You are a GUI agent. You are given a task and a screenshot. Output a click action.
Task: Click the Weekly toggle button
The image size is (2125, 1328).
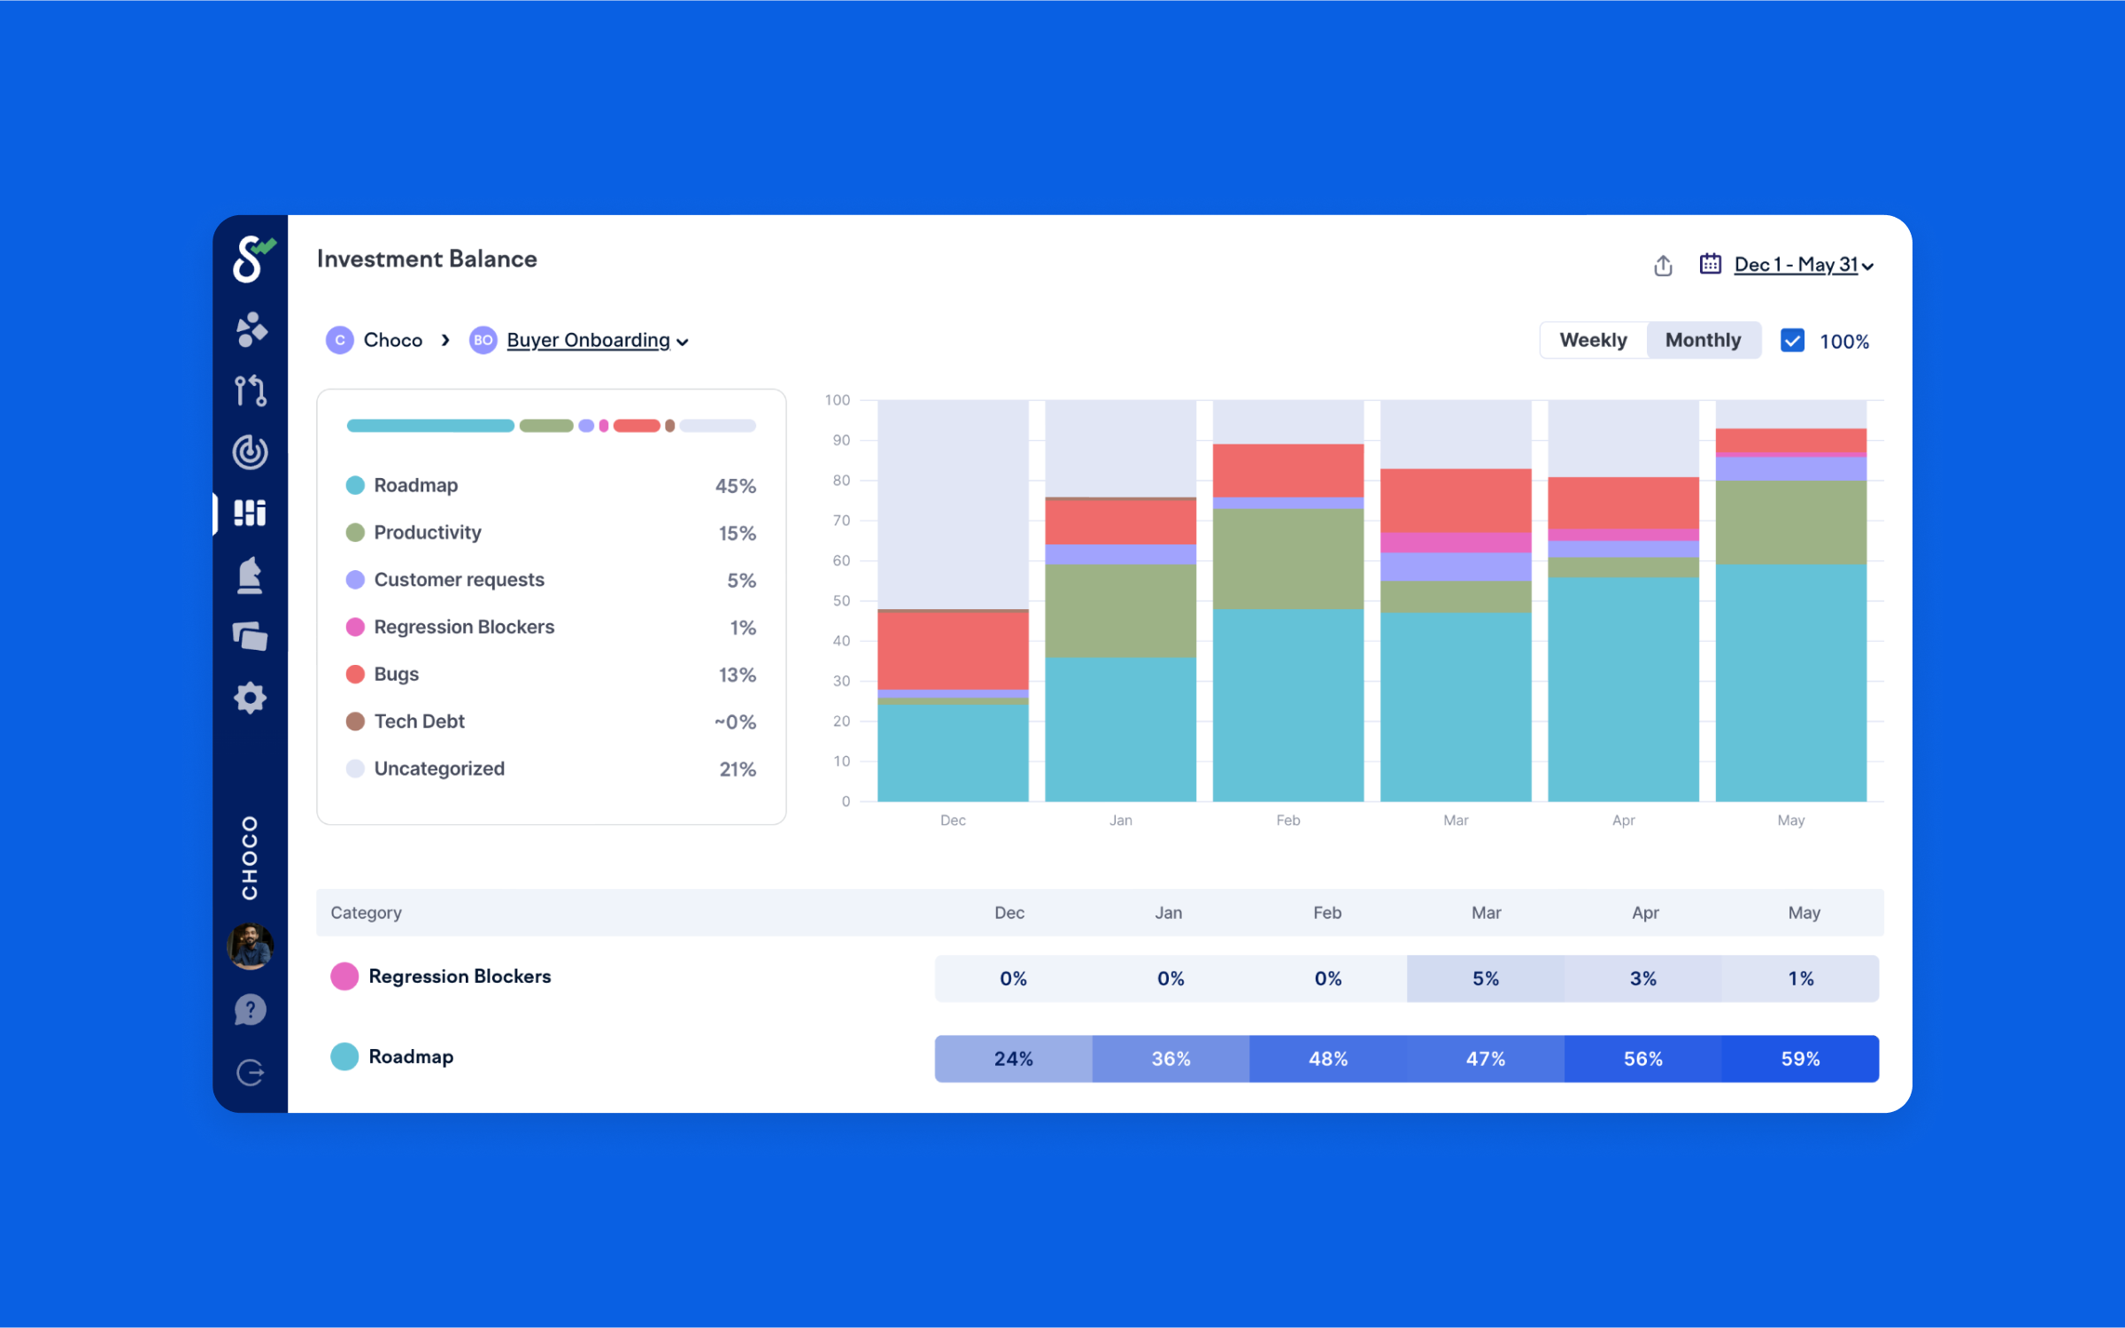(1593, 340)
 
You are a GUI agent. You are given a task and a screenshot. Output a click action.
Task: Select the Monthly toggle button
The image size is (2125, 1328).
(1703, 340)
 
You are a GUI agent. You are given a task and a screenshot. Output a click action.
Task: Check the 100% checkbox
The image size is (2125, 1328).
(1792, 341)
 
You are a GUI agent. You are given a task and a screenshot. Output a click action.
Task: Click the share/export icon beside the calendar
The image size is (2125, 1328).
(1663, 266)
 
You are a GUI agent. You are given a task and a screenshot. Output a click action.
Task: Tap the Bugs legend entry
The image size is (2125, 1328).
(396, 675)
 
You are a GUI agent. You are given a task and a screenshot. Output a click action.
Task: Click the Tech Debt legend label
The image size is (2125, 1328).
(419, 722)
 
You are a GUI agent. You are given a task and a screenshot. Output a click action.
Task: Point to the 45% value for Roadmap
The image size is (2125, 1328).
(735, 486)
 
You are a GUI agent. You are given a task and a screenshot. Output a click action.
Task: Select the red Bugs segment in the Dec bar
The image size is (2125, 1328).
(953, 651)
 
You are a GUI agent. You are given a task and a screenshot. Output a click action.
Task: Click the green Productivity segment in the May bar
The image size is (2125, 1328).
(1790, 522)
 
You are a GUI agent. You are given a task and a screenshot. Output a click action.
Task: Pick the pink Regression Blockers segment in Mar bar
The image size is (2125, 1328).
(1456, 542)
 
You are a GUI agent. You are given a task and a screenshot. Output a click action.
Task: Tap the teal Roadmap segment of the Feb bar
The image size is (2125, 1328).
(1287, 704)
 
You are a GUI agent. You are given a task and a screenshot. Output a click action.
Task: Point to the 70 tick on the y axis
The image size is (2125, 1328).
(841, 521)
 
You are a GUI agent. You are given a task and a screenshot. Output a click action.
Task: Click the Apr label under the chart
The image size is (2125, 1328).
(1623, 821)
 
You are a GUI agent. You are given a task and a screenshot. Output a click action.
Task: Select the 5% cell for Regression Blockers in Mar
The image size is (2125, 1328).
(1485, 978)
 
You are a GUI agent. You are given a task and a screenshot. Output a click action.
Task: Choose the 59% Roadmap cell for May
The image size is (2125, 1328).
(1800, 1059)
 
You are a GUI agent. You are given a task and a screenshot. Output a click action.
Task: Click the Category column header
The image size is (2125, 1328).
(366, 913)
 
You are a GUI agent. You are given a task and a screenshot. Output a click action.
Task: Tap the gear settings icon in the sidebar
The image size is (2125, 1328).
(251, 699)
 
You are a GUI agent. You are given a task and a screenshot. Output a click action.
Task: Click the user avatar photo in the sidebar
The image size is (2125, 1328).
(251, 946)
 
